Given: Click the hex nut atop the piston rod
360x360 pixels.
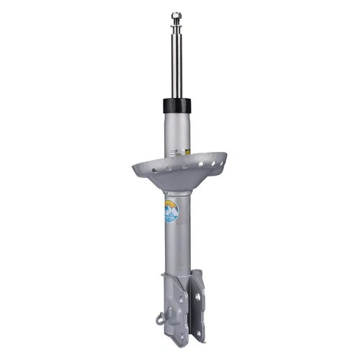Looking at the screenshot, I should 176,15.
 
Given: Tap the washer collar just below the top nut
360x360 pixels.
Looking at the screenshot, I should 176,27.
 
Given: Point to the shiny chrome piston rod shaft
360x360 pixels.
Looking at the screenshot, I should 176,65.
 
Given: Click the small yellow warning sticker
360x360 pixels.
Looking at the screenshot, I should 187,151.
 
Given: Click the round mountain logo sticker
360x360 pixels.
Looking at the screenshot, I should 171,210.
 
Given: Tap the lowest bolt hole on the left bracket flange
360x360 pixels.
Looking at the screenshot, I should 181,336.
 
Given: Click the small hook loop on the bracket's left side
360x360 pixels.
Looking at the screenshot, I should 160,318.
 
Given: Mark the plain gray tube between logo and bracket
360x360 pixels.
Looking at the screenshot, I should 176,248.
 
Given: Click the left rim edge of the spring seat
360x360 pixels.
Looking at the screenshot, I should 135,168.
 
